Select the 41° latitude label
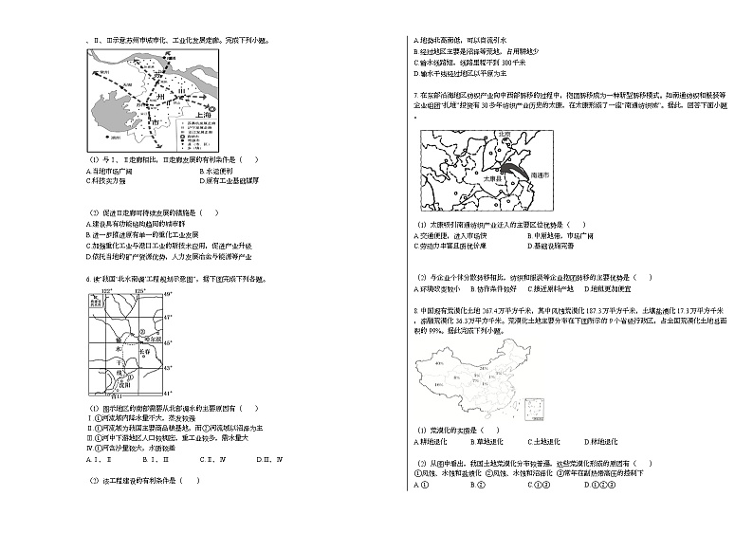[169, 391]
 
